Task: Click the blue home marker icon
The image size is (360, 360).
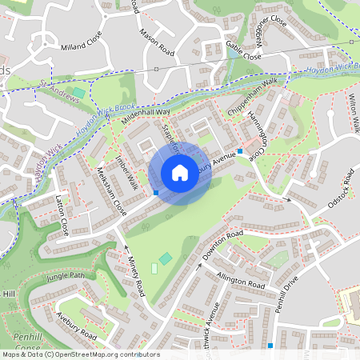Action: click(180, 172)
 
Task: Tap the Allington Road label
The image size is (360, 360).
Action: click(240, 279)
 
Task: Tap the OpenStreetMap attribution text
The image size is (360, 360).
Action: click(80, 354)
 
